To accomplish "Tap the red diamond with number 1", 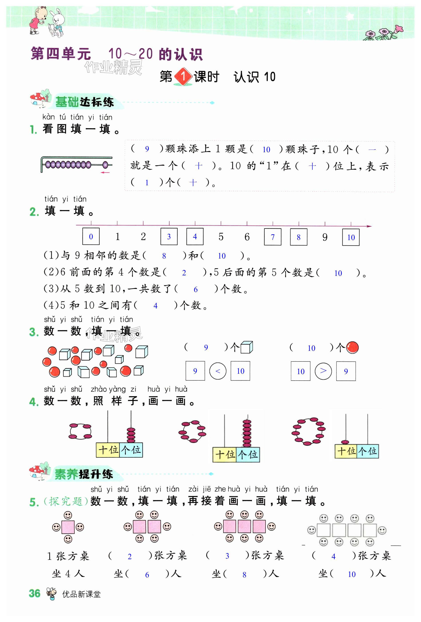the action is pyautogui.click(x=183, y=77).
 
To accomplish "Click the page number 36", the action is pyautogui.click(x=35, y=593).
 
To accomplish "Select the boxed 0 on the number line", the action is pyautogui.click(x=91, y=237).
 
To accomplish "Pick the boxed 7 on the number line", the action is pyautogui.click(x=273, y=237).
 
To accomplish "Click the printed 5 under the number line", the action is pyautogui.click(x=221, y=237).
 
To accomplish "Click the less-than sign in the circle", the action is pyautogui.click(x=218, y=371).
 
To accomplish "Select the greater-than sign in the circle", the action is pyautogui.click(x=323, y=371).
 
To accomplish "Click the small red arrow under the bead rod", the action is pyautogui.click(x=105, y=172).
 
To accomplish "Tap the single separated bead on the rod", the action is pyautogui.click(x=105, y=165).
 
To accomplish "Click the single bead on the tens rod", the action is pyautogui.click(x=345, y=442).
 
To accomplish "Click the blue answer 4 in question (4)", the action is pyautogui.click(x=155, y=306).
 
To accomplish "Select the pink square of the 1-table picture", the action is pyautogui.click(x=68, y=527).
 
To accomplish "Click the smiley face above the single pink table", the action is pyautogui.click(x=68, y=515).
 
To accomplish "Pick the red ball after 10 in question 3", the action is pyautogui.click(x=352, y=348).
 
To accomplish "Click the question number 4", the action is pyautogui.click(x=34, y=402).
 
